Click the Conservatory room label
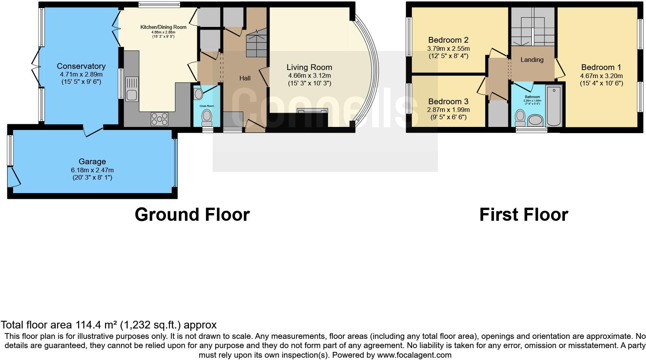click(81, 66)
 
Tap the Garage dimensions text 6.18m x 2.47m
click(92, 170)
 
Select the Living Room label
click(309, 67)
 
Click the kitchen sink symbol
click(132, 88)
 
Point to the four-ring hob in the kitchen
click(159, 118)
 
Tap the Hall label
click(245, 78)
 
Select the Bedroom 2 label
click(448, 40)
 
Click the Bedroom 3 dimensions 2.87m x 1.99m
click(448, 110)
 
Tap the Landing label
click(532, 60)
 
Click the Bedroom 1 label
click(601, 67)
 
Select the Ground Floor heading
click(192, 215)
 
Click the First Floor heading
click(524, 215)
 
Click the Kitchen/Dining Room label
click(163, 27)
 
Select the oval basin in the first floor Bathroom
click(535, 120)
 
